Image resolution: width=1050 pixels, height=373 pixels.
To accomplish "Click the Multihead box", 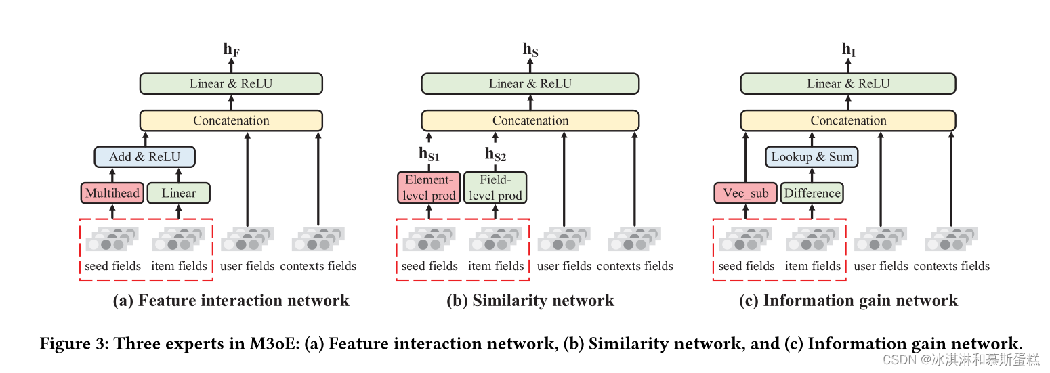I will point(112,193).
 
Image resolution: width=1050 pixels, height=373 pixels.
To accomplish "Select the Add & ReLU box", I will point(144,157).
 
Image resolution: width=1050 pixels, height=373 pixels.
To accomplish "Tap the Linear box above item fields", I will point(179,193).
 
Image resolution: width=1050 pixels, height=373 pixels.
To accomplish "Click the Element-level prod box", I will point(428,188).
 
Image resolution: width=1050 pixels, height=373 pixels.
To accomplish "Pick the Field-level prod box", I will point(495,188).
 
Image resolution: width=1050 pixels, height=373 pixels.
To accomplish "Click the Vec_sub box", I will point(745,193).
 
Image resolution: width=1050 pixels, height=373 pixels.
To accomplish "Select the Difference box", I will point(812,193).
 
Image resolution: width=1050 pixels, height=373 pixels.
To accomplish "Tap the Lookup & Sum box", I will point(812,157).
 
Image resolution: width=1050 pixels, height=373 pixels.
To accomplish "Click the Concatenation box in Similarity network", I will point(530,120).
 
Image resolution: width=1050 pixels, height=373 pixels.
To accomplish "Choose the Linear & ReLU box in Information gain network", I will point(847,84).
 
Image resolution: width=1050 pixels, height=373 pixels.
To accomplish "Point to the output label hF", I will point(231,49).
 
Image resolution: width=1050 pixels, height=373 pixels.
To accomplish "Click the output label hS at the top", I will point(530,49).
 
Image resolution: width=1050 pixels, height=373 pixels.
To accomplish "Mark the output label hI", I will point(847,49).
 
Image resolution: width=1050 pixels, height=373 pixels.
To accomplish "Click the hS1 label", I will point(428,155).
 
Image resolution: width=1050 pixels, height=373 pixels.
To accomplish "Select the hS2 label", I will point(495,155).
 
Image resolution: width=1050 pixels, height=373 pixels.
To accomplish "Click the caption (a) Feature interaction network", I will point(231,301).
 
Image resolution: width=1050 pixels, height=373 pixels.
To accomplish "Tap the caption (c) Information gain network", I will point(848,301).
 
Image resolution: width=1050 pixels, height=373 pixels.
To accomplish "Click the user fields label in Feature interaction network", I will point(247,266).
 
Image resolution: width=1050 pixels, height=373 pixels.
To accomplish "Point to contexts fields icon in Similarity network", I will point(635,240).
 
